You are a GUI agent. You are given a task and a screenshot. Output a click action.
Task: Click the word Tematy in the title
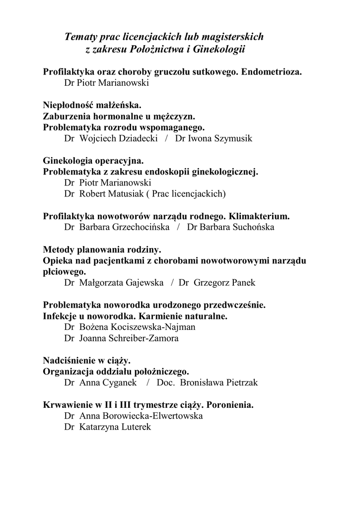pos(81,37)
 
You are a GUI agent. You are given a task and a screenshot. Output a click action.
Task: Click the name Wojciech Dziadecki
pos(118,138)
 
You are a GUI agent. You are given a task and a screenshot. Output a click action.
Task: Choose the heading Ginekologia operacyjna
pos(93,161)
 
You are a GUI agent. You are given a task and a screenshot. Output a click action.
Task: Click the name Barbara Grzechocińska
pos(124,227)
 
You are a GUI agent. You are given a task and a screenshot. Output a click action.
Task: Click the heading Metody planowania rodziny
pos(102,250)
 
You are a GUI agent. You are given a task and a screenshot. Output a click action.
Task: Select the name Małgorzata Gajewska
pos(121,283)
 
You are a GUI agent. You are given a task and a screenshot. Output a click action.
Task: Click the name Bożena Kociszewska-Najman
pos(137,327)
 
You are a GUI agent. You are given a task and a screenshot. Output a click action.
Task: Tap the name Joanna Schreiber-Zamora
pos(129,338)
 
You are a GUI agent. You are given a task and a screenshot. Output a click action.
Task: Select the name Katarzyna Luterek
pos(115,427)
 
